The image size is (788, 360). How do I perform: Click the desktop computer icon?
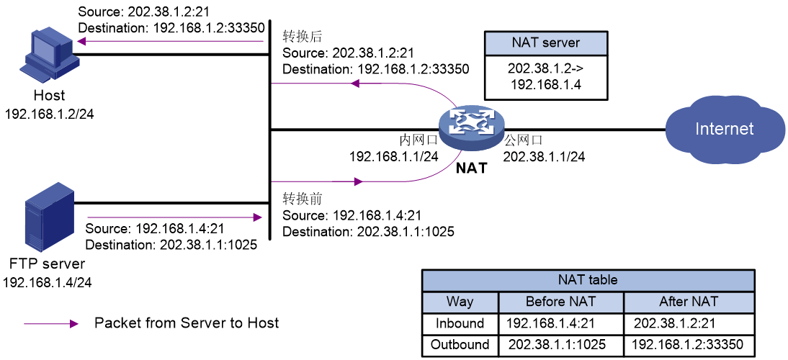click(49, 55)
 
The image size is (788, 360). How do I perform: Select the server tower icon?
click(50, 216)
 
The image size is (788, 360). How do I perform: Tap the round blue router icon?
click(472, 127)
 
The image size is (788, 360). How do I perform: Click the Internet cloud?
click(724, 129)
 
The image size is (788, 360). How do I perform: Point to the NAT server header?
click(545, 43)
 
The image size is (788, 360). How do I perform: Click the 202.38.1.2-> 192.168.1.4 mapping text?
click(545, 77)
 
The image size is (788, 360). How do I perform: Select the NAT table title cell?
click(588, 280)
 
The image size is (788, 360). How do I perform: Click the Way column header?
click(460, 302)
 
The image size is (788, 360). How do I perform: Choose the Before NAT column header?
click(560, 302)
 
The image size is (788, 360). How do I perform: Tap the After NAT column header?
click(689, 302)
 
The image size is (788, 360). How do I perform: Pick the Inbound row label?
click(460, 323)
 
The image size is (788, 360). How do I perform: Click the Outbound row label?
click(460, 345)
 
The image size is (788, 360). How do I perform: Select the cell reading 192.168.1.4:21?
click(550, 323)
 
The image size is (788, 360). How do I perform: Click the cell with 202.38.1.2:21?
click(674, 323)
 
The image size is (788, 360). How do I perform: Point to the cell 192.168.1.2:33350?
click(688, 345)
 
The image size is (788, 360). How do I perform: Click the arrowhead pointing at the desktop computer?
click(81, 41)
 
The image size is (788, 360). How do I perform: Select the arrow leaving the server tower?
click(173, 217)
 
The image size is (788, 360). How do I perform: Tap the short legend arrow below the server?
click(50, 324)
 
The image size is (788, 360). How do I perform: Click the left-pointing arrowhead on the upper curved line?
click(354, 84)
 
